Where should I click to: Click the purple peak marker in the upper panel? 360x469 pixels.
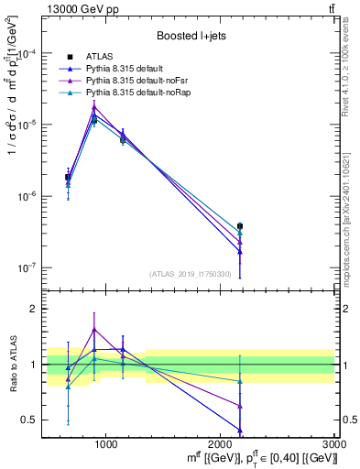click(94, 106)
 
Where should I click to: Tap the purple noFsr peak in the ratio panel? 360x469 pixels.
click(94, 330)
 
